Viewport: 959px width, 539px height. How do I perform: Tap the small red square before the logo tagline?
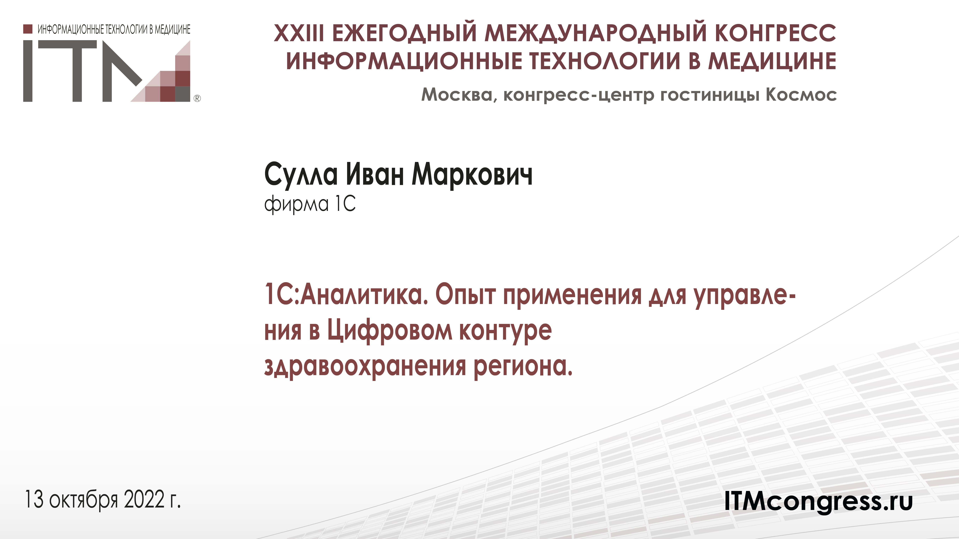pos(27,29)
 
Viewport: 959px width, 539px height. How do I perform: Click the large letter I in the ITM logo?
pos(28,71)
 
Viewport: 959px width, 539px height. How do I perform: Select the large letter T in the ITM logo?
pos(76,71)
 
